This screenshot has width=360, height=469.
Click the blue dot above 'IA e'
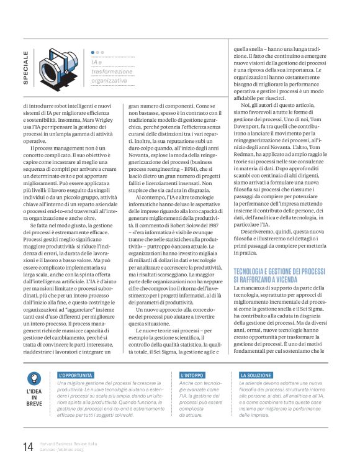click(93, 53)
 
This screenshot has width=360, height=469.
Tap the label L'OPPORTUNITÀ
click(76, 376)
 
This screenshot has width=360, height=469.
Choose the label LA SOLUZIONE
click(256, 376)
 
